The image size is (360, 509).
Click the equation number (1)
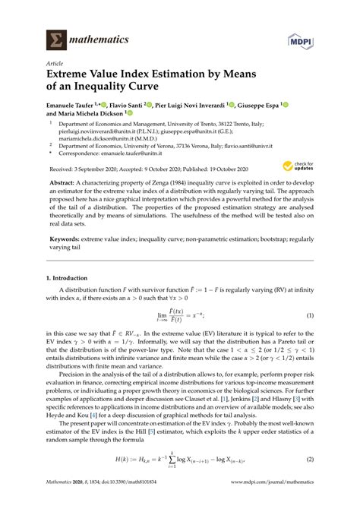tap(311, 315)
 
